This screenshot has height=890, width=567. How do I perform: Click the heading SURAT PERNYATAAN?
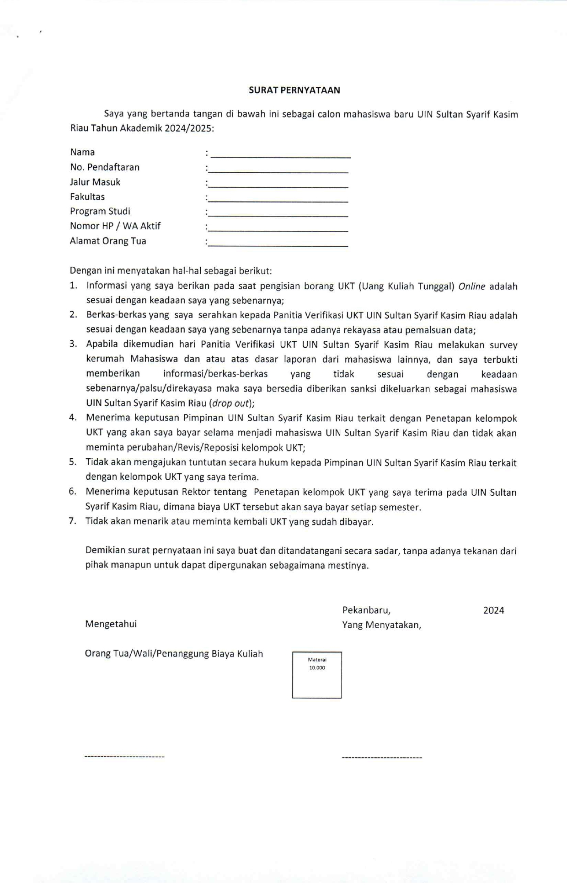[294, 90]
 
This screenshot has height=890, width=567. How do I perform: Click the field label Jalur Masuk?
[95, 182]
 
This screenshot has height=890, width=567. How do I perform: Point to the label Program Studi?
[100, 211]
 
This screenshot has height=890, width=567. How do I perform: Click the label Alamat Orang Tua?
[108, 241]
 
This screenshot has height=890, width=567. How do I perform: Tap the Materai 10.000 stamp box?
[317, 674]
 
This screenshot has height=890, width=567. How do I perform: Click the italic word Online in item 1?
[471, 286]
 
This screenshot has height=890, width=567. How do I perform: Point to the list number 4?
[72, 418]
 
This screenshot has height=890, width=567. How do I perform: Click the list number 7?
[72, 521]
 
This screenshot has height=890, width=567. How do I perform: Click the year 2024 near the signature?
[493, 610]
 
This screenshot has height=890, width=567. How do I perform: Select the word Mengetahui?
[111, 624]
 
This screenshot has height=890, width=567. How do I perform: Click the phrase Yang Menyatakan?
[381, 625]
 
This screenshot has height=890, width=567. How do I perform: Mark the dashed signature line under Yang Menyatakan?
[382, 758]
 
